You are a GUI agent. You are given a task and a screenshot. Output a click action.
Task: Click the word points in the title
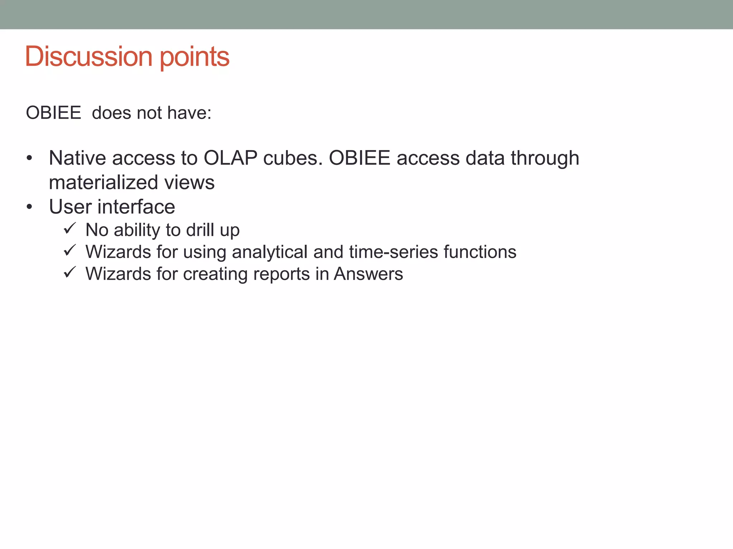194,57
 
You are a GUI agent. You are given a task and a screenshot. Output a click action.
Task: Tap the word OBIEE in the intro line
54,113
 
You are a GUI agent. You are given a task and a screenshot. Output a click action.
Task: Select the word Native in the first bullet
77,158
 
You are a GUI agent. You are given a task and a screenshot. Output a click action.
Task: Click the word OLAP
230,158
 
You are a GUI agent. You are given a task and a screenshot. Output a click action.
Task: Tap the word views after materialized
189,183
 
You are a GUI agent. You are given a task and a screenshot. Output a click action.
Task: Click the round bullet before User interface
30,207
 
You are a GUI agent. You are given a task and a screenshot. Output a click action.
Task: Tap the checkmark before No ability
69,228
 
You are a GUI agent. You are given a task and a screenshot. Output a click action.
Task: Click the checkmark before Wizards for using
69,250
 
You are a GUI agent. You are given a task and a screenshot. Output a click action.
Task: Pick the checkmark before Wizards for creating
69,272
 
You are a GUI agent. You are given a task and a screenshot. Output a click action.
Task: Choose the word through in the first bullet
545,158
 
